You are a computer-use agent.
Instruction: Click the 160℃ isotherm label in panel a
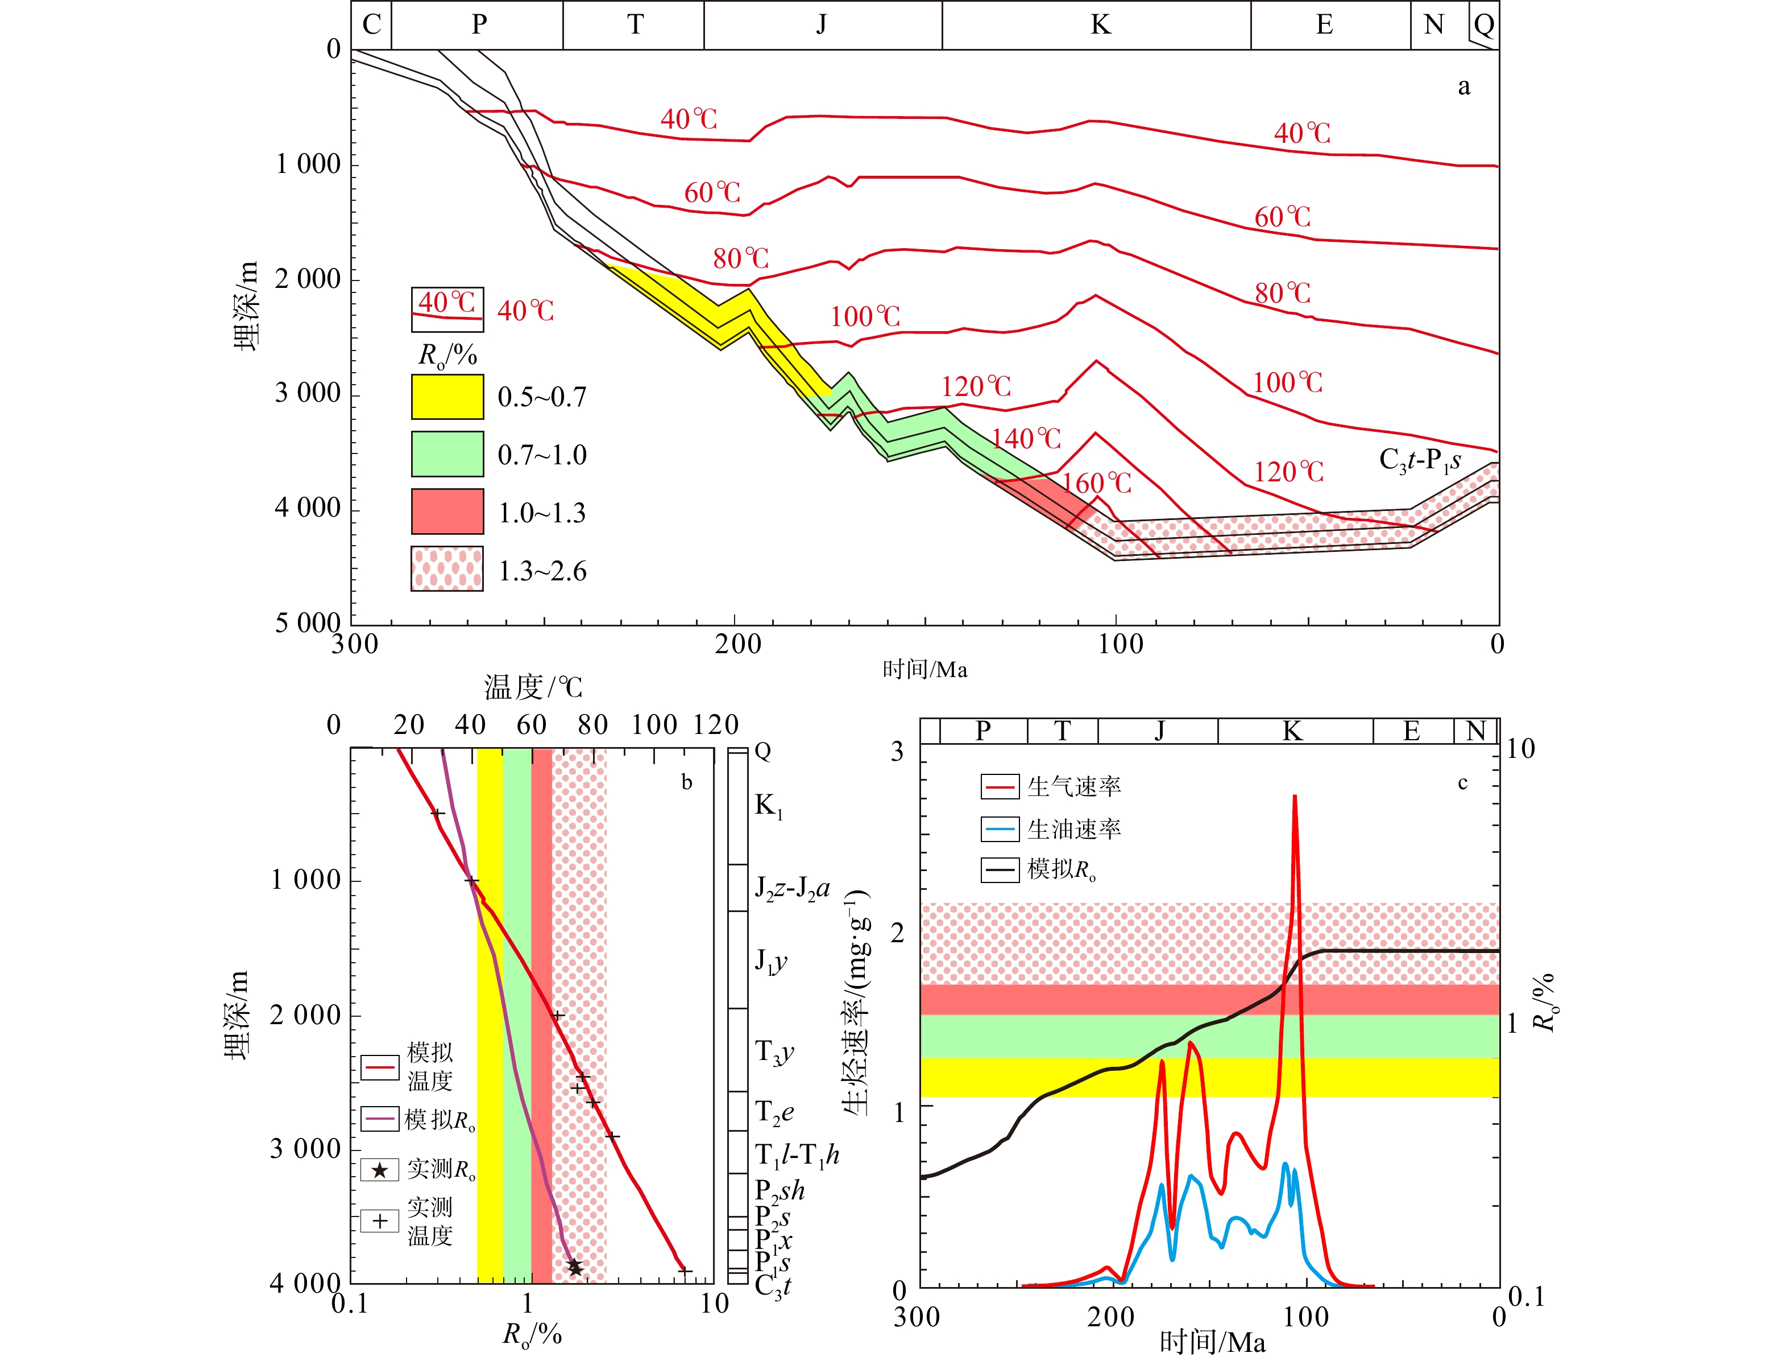1097,484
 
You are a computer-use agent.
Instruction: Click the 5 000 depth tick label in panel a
308,623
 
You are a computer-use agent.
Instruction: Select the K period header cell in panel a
1100,25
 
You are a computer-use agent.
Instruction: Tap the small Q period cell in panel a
1483,25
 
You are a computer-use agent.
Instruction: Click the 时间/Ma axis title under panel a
924,670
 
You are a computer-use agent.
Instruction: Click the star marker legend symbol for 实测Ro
380,1170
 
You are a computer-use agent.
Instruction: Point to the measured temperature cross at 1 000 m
471,881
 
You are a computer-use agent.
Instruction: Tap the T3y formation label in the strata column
774,1051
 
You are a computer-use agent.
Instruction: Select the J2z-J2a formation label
792,889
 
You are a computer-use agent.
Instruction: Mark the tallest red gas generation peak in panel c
1295,797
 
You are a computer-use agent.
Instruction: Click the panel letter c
1462,782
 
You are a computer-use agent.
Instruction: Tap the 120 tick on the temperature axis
716,725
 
